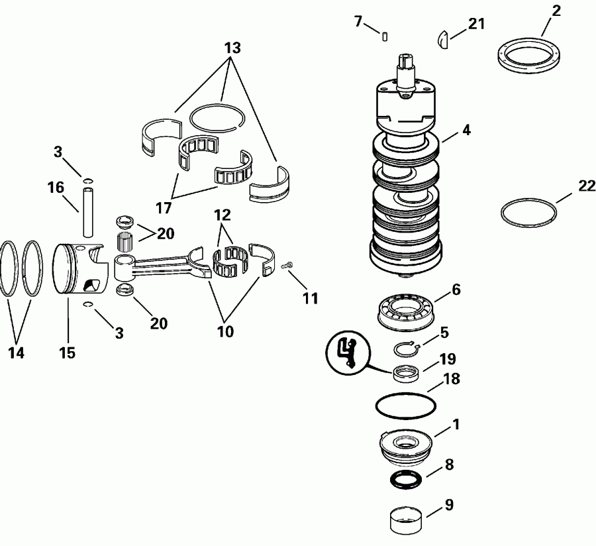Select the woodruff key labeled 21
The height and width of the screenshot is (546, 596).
click(444, 40)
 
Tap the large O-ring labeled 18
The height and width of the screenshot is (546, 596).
click(405, 404)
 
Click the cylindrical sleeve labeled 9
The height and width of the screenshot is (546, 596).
click(406, 519)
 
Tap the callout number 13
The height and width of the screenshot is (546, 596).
click(232, 48)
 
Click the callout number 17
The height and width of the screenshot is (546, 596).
click(164, 207)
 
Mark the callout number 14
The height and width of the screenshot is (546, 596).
click(16, 353)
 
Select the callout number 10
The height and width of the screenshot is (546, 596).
click(225, 331)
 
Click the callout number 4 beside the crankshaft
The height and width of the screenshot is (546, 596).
click(466, 131)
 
